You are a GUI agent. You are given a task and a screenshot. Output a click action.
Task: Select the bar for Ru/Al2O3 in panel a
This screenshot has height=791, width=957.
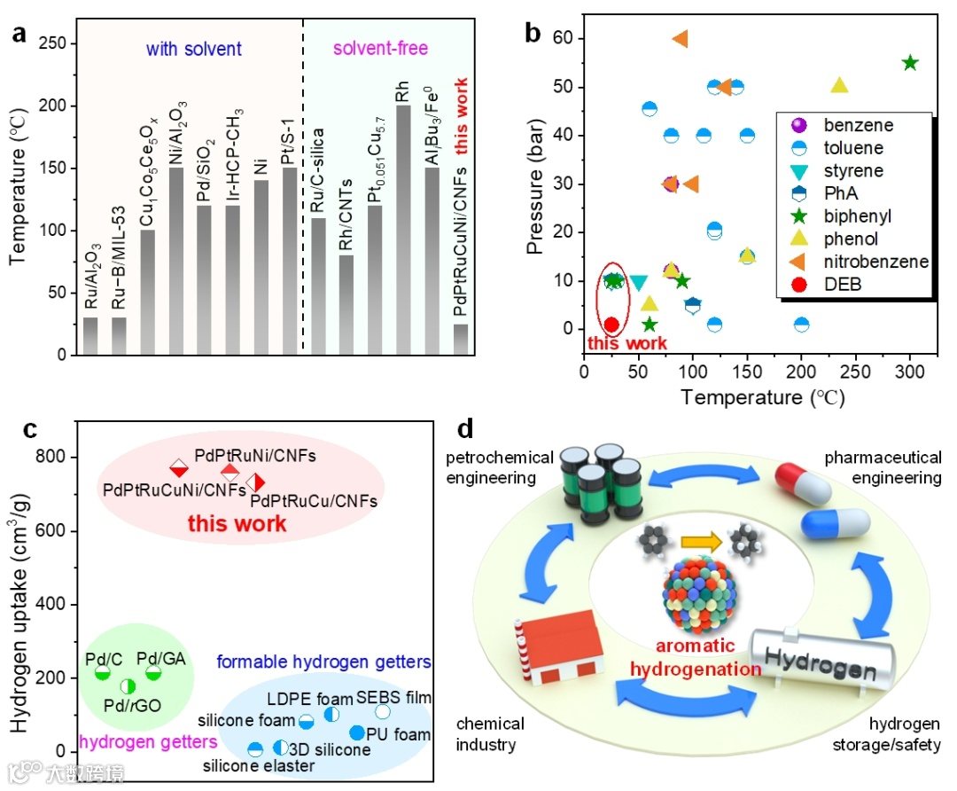tap(90, 336)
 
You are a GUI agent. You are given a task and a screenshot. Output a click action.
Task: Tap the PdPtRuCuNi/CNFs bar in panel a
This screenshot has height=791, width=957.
tap(460, 340)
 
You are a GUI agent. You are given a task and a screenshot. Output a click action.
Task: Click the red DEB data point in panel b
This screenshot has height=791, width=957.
tap(611, 325)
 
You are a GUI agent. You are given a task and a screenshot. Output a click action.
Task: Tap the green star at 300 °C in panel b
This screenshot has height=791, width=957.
tap(910, 63)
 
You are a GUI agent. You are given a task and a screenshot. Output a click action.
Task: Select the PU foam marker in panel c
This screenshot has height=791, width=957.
tap(357, 732)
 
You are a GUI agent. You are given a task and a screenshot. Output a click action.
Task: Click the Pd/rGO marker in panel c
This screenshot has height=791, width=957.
tap(128, 685)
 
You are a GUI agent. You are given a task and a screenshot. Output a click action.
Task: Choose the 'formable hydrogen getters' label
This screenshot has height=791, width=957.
tap(323, 662)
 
